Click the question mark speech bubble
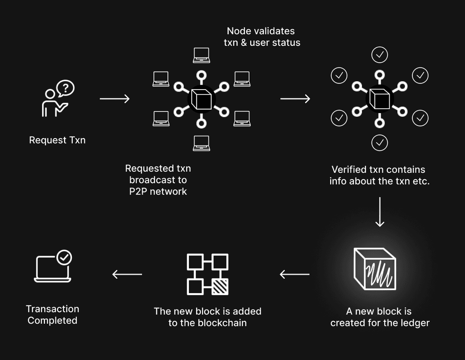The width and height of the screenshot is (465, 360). (65, 88)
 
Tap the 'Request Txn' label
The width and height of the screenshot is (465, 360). (57, 140)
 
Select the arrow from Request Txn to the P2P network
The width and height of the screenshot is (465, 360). (114, 98)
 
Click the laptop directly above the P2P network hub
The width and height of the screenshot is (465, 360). (201, 55)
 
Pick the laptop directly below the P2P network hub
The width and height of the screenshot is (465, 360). (201, 143)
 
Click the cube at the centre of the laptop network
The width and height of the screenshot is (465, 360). (201, 99)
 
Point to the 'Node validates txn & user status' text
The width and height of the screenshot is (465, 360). (262, 37)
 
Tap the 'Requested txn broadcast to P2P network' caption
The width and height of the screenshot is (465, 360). (158, 180)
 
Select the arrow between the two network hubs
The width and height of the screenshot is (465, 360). (295, 98)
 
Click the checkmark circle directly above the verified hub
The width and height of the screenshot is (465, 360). (380, 55)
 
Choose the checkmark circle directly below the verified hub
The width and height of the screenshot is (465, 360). (380, 142)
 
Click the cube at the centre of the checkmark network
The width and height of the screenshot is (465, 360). (379, 99)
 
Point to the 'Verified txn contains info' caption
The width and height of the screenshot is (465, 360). (380, 175)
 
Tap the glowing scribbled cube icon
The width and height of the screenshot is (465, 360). (375, 269)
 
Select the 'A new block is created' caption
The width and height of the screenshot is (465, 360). (380, 317)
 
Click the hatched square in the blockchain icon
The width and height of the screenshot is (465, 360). (220, 286)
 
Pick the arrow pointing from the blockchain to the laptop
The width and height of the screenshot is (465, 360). (127, 274)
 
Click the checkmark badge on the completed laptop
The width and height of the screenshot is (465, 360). (64, 258)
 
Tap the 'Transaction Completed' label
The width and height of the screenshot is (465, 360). (53, 315)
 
